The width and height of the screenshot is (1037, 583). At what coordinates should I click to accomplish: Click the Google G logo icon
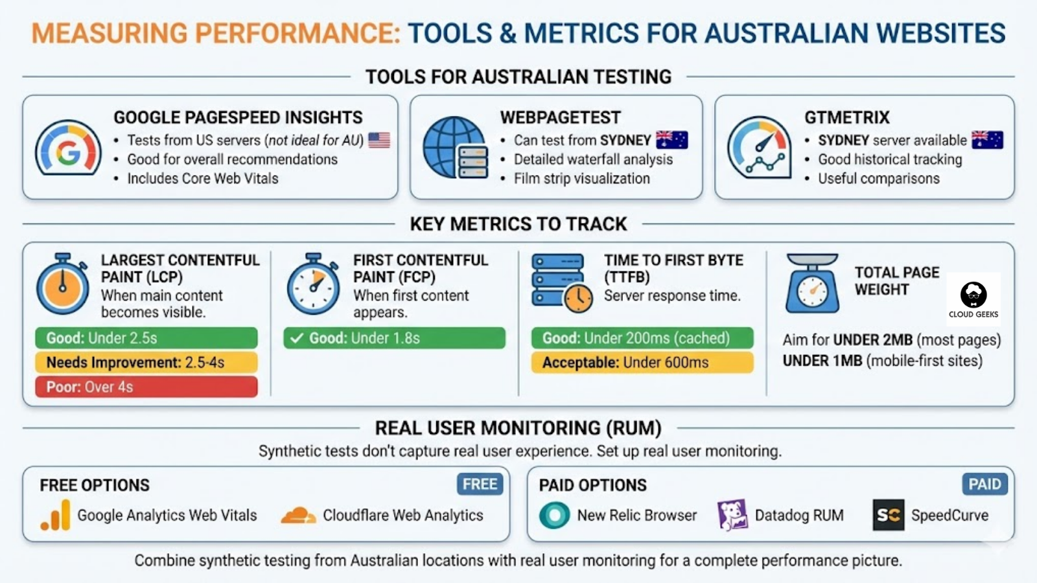tap(68, 149)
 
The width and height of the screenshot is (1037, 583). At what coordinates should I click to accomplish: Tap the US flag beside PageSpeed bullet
tap(379, 140)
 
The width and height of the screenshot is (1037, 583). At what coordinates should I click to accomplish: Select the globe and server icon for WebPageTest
tap(456, 148)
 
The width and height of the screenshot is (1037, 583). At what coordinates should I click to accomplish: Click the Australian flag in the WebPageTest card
tap(671, 140)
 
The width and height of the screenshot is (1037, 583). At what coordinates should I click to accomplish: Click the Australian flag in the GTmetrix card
tap(987, 140)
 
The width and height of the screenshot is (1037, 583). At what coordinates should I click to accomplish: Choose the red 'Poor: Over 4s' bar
tap(146, 387)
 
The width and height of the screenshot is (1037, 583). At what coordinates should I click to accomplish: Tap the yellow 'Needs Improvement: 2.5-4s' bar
tap(146, 362)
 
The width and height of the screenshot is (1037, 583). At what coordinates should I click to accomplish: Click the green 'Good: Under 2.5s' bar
tap(146, 337)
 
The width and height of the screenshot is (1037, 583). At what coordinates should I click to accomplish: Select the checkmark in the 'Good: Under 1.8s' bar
tap(297, 337)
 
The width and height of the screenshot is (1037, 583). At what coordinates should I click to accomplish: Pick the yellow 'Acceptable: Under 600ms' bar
tap(642, 362)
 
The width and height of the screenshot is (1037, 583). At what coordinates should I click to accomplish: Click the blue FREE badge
tap(480, 484)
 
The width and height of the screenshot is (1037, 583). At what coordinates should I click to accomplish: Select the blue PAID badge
tap(985, 484)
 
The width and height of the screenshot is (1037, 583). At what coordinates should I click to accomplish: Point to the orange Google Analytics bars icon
tap(56, 515)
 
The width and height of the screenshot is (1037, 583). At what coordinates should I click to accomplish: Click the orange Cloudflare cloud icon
tap(298, 515)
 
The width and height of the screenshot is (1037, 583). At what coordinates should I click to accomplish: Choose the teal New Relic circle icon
tap(555, 515)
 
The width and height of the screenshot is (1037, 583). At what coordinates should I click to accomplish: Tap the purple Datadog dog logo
tap(732, 515)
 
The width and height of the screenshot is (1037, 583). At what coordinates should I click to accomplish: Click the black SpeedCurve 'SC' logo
tap(888, 515)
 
